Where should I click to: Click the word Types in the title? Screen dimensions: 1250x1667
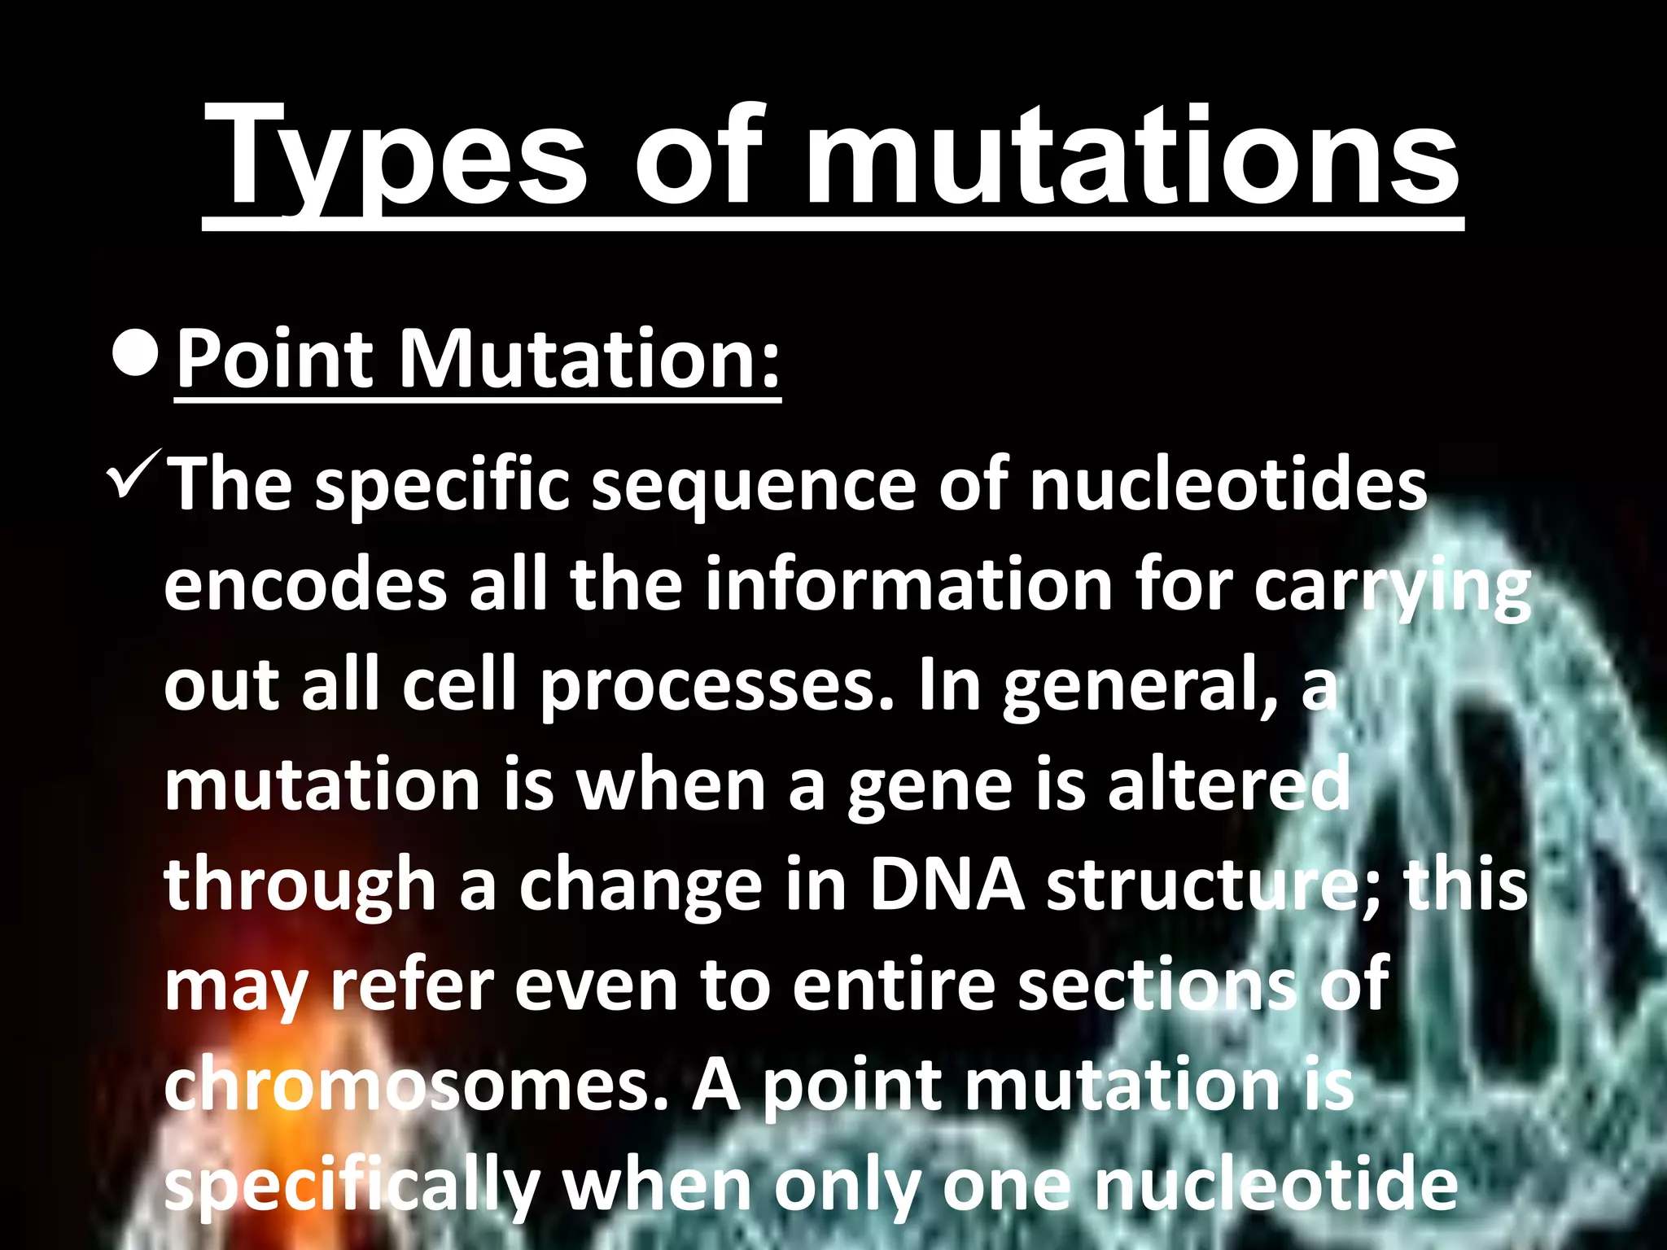point(396,159)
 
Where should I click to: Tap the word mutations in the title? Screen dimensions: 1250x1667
point(1131,159)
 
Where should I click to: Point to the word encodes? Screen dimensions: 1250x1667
point(305,586)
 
